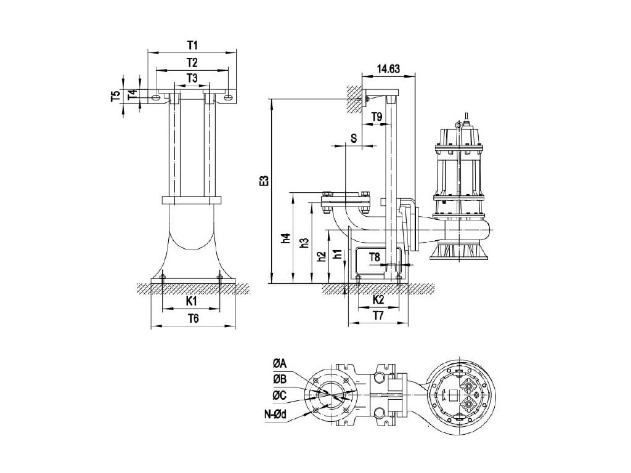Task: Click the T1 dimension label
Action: [x=192, y=46]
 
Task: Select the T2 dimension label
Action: [x=192, y=62]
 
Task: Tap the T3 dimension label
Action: [x=192, y=78]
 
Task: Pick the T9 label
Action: [x=377, y=116]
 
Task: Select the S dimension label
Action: [x=353, y=138]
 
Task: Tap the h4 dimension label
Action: [x=285, y=238]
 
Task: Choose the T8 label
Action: [x=375, y=256]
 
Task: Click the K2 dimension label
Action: [x=379, y=300]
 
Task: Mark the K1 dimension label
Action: [x=192, y=301]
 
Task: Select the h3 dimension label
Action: [x=303, y=243]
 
